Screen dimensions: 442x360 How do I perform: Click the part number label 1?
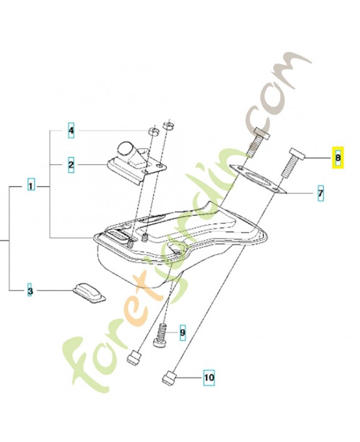point(31,186)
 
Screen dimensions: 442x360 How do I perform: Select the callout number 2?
point(71,165)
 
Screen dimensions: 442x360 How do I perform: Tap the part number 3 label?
point(31,291)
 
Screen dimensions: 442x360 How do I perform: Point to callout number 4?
point(71,131)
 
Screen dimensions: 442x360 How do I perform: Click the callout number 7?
point(320,193)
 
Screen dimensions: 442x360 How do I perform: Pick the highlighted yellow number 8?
point(337,158)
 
